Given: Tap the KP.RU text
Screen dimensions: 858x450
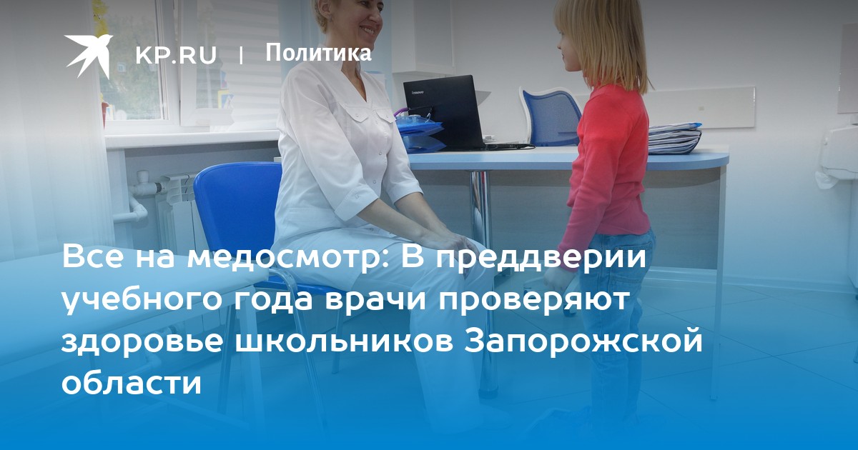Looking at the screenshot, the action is coord(176,55).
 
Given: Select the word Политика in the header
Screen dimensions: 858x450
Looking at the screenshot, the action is coord(318,52).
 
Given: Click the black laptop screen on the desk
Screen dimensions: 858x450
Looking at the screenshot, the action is coord(444,111).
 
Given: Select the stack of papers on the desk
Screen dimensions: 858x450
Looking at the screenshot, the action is coord(674,138).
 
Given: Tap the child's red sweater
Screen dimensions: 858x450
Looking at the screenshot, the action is coord(607,161).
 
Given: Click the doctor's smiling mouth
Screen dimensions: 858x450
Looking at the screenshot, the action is coord(368,30).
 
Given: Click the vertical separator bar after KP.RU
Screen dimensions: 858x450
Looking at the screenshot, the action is coord(241,56).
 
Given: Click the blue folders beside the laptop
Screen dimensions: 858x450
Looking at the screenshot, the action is coord(420,132).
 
